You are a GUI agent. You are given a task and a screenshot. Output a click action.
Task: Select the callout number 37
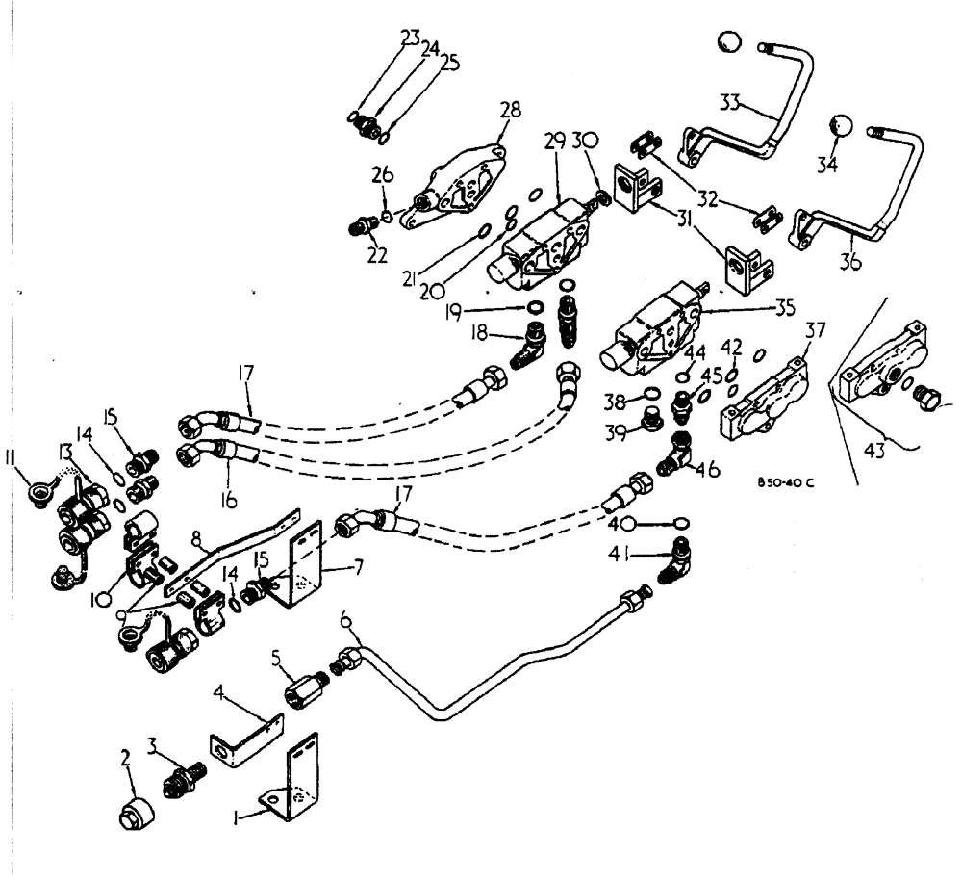[x=815, y=331]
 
